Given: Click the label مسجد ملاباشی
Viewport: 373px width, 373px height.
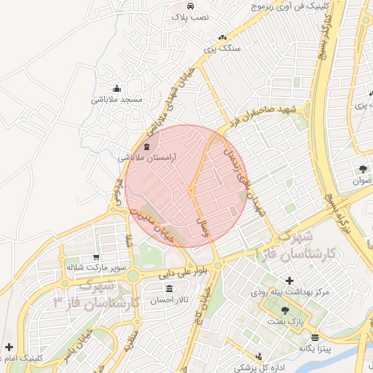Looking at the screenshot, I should click(117, 98).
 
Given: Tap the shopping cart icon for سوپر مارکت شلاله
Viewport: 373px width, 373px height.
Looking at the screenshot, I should click(96, 257).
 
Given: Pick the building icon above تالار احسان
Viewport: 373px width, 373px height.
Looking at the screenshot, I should click(169, 289).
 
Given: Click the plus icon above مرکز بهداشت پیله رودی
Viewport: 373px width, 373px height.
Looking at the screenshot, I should click(289, 280).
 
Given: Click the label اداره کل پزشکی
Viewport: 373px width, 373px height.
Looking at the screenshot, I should click(256, 366).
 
